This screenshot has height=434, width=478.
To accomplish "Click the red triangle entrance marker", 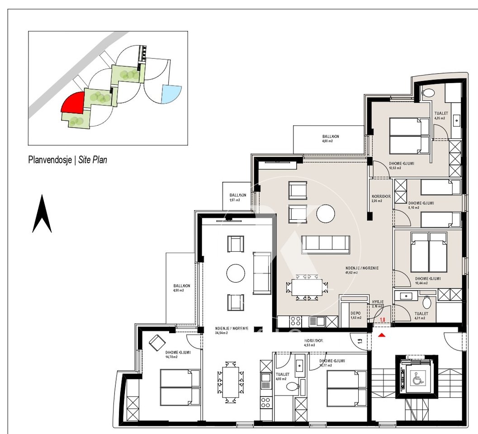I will pyautogui.click(x=382, y=335).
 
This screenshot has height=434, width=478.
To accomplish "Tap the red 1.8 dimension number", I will pyautogui.click(x=382, y=320).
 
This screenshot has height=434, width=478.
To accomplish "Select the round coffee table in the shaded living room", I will pyautogui.click(x=326, y=214).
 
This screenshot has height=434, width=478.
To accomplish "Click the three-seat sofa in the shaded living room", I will pyautogui.click(x=326, y=245).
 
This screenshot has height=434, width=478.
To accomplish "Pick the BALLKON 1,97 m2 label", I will pyautogui.click(x=237, y=198).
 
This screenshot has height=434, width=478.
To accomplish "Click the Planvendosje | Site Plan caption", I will pyautogui.click(x=68, y=160).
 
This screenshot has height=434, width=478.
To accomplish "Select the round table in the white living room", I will pyautogui.click(x=236, y=273).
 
